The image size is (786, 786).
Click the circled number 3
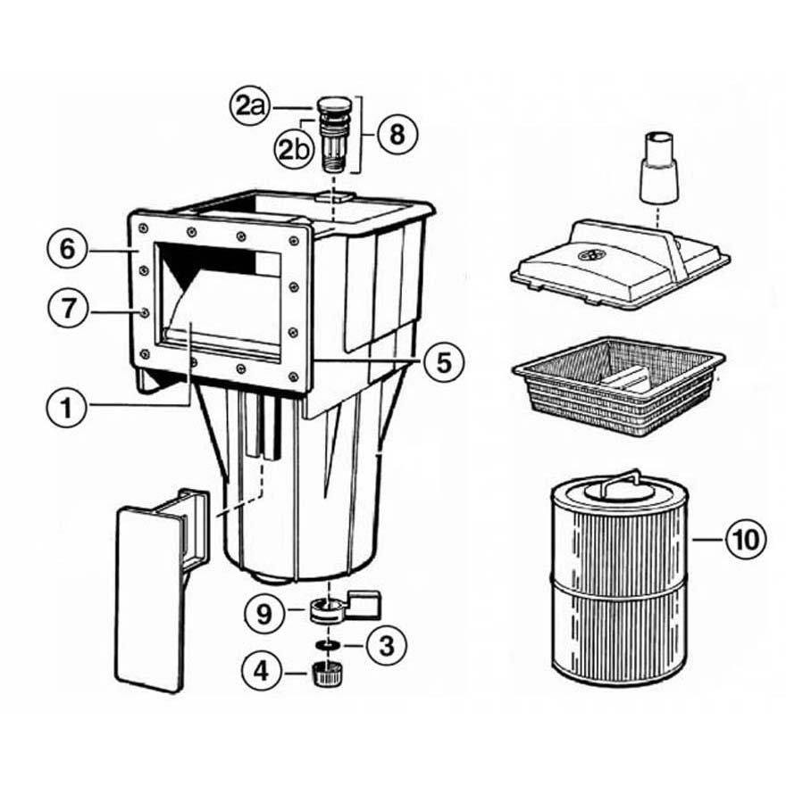[x=387, y=644]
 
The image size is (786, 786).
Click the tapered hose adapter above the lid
[x=658, y=170]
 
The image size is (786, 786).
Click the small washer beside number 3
[x=330, y=644]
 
